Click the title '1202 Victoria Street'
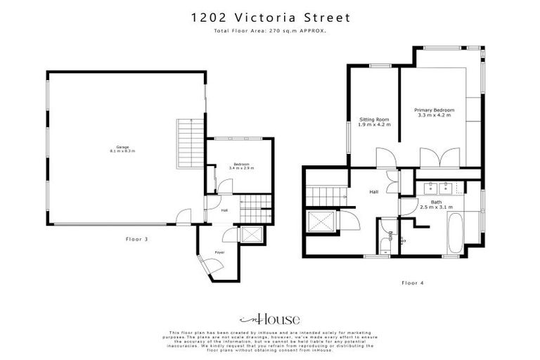(269, 17)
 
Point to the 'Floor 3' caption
(137, 239)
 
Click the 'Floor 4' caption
(413, 283)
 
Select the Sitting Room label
(374, 121)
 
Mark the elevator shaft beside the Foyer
(251, 234)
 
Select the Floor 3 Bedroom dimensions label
(241, 169)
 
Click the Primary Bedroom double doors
(431, 158)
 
